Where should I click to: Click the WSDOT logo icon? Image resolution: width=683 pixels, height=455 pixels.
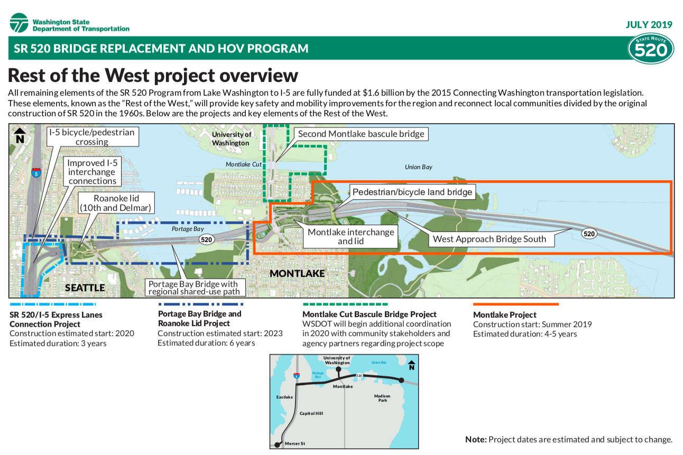(19, 23)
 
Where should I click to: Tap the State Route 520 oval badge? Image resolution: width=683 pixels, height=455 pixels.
(650, 49)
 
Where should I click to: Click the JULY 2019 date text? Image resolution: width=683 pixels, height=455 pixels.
(649, 24)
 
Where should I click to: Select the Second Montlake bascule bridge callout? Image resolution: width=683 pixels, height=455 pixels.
(361, 134)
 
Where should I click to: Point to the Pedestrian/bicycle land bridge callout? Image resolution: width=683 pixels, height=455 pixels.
(412, 192)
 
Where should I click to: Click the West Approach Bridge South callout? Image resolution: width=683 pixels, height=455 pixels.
(489, 239)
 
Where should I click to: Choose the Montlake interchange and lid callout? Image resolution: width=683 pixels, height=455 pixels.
(350, 237)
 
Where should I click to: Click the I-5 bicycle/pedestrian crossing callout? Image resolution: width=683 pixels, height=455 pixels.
(92, 136)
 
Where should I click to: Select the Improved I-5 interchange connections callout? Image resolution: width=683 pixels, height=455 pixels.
(92, 172)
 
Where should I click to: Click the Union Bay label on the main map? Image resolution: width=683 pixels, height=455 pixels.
(419, 167)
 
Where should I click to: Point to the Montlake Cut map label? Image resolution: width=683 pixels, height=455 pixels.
(244, 164)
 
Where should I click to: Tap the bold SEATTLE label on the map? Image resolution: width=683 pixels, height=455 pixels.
(85, 288)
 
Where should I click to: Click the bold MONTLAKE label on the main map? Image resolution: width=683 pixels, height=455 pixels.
(297, 274)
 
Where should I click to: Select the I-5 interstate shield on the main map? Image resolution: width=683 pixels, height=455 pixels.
(35, 173)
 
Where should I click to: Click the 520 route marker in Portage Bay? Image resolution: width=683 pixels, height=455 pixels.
(206, 240)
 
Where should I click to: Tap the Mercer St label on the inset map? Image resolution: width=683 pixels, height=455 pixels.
(294, 443)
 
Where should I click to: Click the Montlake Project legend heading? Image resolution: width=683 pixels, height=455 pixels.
(504, 315)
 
